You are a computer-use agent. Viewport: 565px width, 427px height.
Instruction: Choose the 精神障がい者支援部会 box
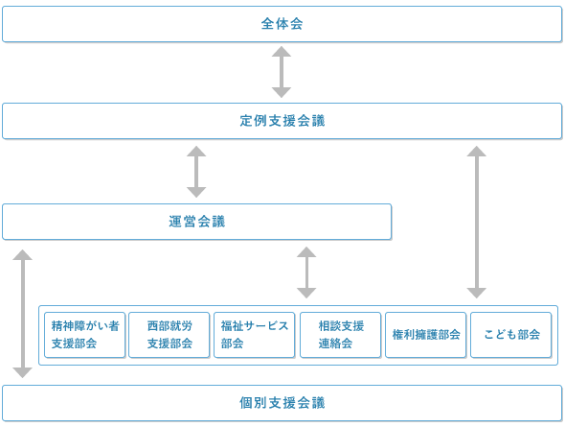point(85,335)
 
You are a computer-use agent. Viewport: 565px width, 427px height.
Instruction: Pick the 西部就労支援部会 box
point(169,335)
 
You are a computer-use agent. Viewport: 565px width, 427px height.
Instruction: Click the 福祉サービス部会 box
point(254,335)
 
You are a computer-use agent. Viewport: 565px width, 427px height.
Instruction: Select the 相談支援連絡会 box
point(340,335)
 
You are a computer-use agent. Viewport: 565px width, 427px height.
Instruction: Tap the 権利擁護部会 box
point(425,335)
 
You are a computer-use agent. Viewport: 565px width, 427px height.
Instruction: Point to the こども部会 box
point(510,335)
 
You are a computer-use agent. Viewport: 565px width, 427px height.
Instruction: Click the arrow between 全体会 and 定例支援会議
point(282,72)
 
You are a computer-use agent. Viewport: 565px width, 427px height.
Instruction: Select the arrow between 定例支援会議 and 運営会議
point(196,172)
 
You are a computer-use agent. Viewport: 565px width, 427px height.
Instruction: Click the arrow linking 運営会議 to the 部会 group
point(306,273)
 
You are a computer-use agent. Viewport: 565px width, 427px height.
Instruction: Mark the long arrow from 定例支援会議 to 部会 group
point(476,222)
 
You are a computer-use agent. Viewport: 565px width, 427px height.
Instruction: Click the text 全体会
point(282,24)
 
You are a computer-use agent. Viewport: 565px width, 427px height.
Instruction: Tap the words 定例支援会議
point(282,122)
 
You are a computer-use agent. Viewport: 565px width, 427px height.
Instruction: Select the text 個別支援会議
point(282,399)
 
